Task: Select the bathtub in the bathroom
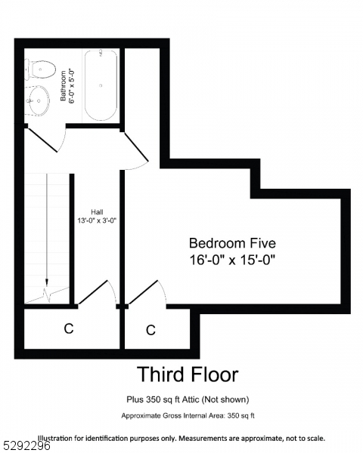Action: point(101,85)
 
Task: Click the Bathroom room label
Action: point(64,85)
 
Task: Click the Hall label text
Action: point(97,212)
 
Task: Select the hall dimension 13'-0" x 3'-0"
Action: point(97,221)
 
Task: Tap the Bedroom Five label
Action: point(232,243)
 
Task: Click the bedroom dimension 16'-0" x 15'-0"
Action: point(232,260)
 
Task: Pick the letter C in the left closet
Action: point(68,328)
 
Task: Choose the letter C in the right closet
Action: point(150,330)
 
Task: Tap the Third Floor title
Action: point(187,374)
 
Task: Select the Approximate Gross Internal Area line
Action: point(188,416)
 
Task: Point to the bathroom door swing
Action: point(45,140)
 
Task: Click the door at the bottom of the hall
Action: point(96,294)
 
